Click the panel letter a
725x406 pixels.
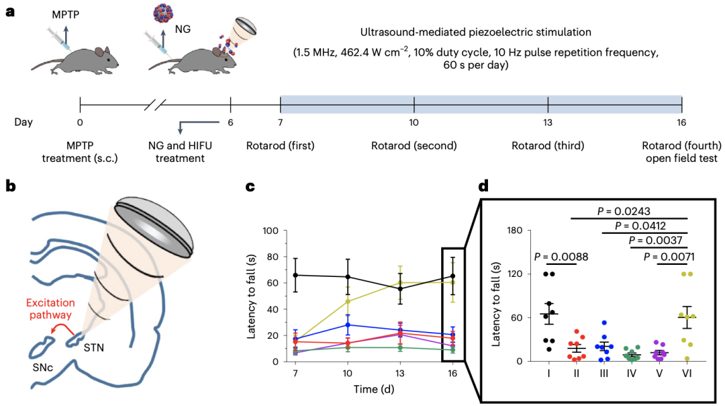pyautogui.click(x=10, y=13)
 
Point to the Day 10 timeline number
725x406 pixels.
pyautogui.click(x=414, y=123)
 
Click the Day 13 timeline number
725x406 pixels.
pyautogui.click(x=548, y=123)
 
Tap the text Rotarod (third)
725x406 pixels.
pyautogui.click(x=547, y=146)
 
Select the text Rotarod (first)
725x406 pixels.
pyautogui.click(x=280, y=146)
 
